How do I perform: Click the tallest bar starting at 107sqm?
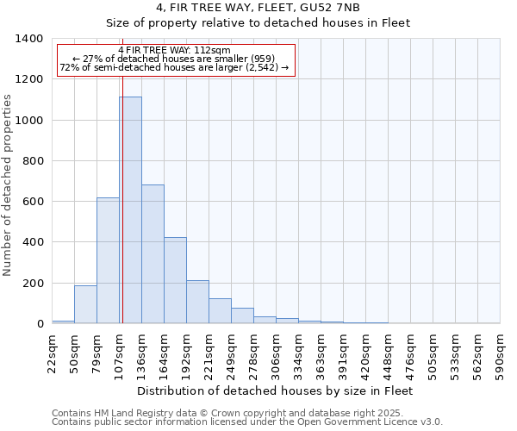130,210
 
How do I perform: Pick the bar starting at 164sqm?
175,280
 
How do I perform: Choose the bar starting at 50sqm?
85,304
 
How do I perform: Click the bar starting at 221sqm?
220,311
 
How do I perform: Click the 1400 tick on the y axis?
31,39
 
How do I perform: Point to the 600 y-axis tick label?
34,202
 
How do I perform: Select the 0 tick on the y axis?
40,324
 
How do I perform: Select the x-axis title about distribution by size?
276,390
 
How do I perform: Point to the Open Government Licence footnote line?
247,422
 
